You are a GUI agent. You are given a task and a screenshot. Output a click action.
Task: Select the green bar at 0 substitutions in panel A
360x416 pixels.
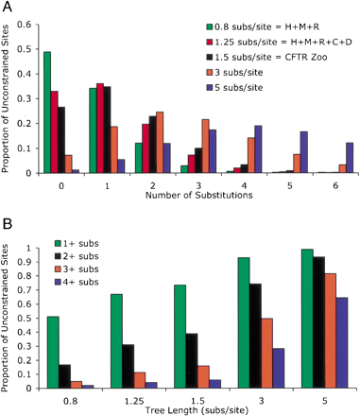pos(47,113)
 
